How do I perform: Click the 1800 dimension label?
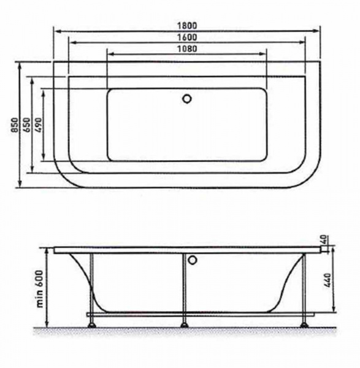[187, 25]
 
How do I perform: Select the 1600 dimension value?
[187, 37]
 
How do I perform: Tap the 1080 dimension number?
[187, 49]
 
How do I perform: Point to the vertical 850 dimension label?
[15, 125]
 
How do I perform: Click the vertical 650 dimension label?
[27, 125]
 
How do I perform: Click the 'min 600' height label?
[40, 289]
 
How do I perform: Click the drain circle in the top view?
[187, 99]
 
